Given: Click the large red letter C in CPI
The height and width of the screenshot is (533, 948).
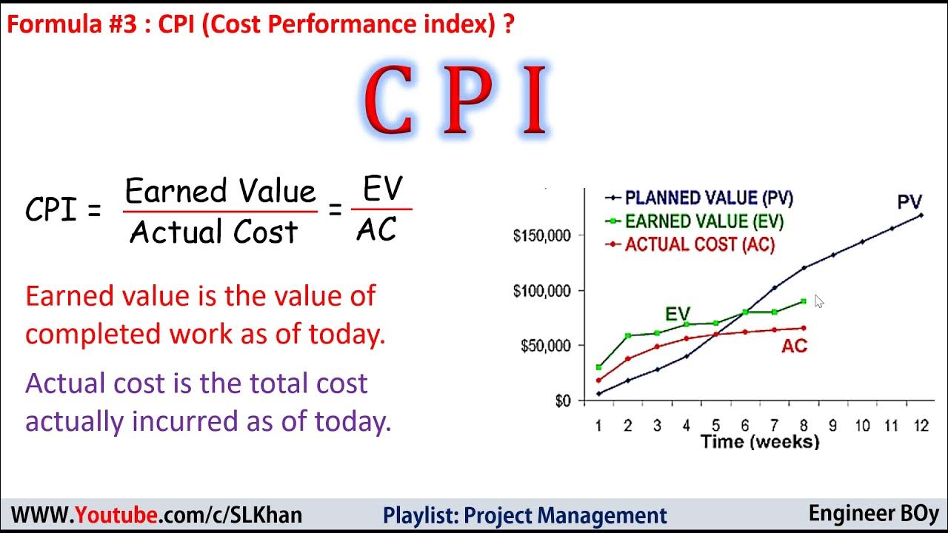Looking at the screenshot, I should coord(388,101).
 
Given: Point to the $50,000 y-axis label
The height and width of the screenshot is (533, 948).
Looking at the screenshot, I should coord(544,346).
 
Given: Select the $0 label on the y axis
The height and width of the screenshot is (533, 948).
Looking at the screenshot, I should coord(563,400).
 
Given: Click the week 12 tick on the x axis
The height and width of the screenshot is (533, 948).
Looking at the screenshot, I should coord(920,426).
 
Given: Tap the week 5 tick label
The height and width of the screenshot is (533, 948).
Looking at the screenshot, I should coord(715,426).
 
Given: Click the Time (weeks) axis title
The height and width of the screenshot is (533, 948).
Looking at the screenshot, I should coord(760,443).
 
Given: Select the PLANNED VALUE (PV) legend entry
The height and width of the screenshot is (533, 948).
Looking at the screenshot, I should coord(709,198).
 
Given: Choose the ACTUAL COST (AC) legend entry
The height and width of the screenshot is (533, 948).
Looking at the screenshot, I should coord(699,244).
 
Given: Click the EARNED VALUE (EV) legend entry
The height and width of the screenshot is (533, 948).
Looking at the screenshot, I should coord(704,221).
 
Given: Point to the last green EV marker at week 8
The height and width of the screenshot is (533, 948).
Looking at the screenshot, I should coord(804,301).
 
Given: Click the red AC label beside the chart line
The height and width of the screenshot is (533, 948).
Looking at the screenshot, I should coord(794,346).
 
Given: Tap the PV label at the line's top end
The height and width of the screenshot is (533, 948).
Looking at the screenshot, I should coord(909,202).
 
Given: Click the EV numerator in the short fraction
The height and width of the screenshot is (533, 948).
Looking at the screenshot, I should coord(383,190).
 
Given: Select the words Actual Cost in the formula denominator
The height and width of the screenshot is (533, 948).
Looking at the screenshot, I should coord(213,232).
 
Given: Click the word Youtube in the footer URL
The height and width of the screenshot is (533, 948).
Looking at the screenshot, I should coord(117,515).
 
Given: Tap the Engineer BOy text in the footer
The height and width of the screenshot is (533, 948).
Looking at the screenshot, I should coord(873,514).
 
